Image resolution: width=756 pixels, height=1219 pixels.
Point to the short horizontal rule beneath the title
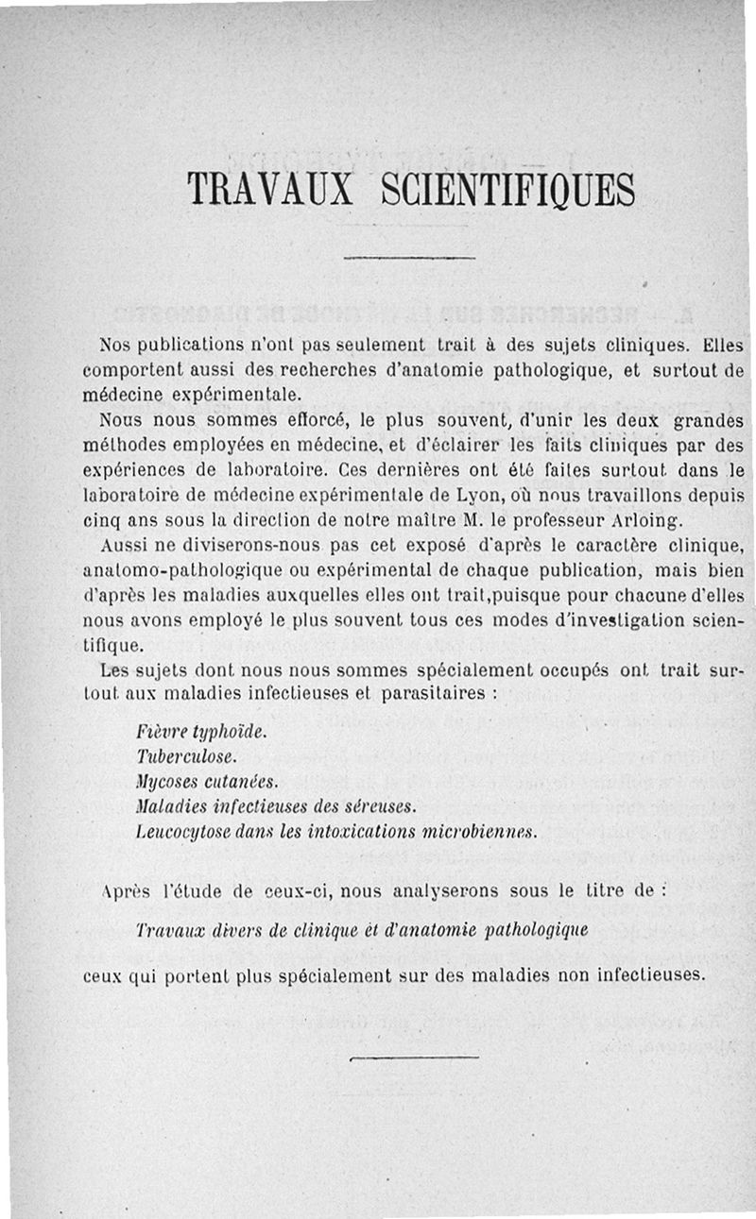(408, 257)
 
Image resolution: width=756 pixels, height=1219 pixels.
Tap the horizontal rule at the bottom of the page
(414, 1058)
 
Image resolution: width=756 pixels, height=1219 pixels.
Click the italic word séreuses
(385, 806)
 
